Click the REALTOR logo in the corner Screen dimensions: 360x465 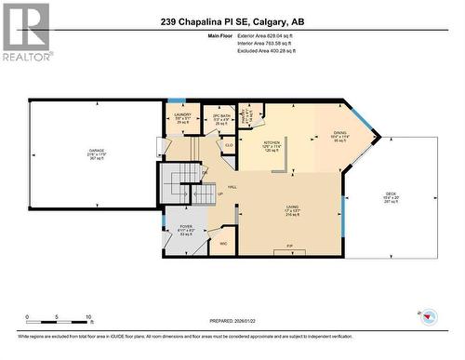25,32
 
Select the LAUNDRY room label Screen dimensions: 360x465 183,116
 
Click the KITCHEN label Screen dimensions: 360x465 272,140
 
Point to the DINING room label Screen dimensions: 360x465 339,134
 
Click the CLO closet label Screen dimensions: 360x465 228,145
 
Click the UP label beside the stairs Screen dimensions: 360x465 219,193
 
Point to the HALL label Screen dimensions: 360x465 231,186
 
